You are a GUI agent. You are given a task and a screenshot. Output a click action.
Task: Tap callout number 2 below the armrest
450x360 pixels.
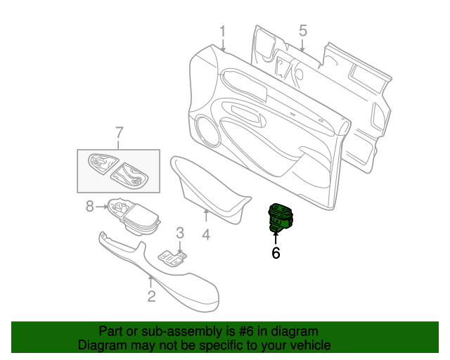[x=152, y=296]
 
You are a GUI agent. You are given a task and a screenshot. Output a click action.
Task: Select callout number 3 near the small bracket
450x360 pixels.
[x=180, y=233]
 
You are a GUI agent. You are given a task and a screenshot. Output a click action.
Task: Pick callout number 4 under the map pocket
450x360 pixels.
[x=206, y=235]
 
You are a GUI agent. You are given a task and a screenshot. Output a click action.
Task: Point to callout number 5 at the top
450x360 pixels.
[x=303, y=31]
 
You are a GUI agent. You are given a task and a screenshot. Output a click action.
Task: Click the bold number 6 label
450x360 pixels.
[x=276, y=253]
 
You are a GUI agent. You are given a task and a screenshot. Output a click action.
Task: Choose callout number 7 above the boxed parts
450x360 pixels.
[x=119, y=133]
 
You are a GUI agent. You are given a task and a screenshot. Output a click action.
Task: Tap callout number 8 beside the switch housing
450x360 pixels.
[x=90, y=207]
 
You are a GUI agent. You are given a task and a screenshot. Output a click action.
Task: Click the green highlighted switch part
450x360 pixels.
[x=281, y=217]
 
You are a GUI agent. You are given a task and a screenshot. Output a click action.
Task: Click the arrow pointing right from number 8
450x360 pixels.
[x=102, y=207]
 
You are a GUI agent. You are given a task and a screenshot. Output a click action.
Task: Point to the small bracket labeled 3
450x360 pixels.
[x=172, y=258]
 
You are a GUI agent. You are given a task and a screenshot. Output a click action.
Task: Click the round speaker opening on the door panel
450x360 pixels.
[x=207, y=130]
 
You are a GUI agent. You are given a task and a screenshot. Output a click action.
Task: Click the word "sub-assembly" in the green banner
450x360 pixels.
[x=181, y=331]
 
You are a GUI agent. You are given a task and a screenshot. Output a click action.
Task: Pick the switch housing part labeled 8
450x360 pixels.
[x=134, y=216]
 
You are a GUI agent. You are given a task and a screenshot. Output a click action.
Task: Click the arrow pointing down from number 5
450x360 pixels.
[x=302, y=46]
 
